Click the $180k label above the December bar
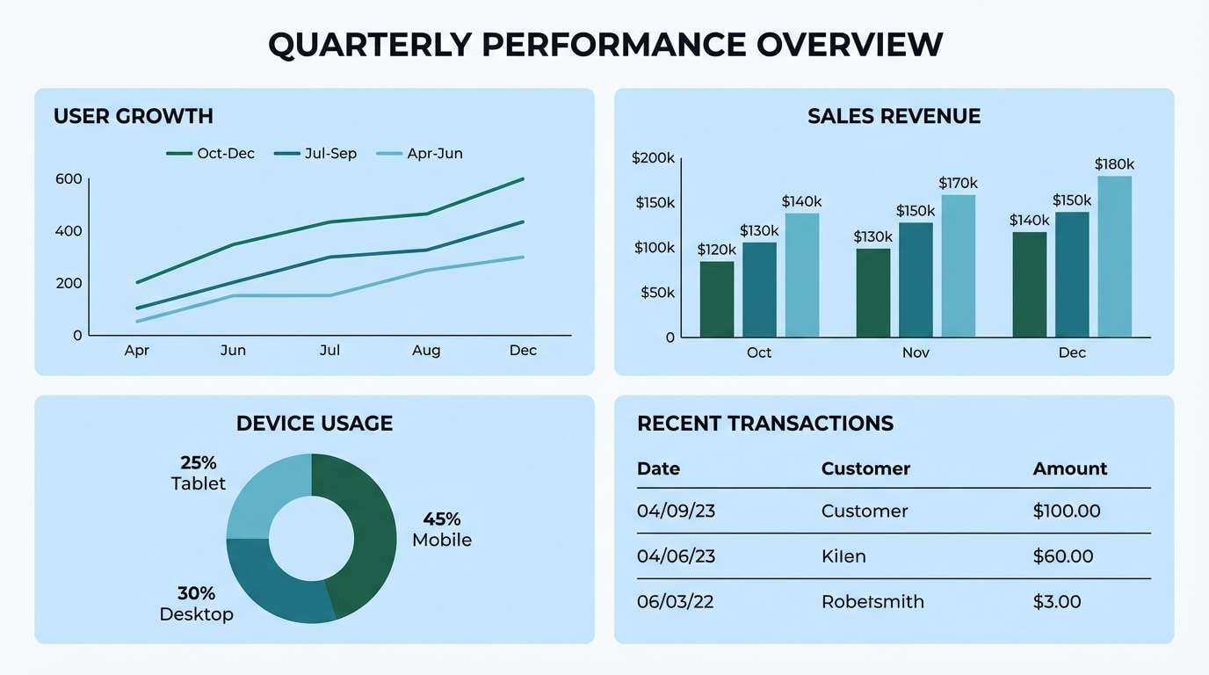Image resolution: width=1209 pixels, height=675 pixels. pos(1114,164)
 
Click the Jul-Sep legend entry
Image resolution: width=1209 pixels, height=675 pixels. pos(315,154)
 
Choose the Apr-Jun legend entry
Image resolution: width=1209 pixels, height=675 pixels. pos(419,154)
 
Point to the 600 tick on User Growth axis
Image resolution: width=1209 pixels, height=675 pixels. pos(69,179)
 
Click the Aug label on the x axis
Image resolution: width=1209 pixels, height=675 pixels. pos(426,351)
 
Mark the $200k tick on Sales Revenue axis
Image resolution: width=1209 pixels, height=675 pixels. pos(653,158)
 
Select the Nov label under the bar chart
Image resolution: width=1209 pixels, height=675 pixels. pos(916,352)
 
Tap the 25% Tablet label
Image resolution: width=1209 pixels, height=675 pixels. pos(199,473)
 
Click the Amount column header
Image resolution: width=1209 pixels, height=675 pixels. pos(1070,468)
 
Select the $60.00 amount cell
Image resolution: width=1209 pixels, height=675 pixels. pos(1063,556)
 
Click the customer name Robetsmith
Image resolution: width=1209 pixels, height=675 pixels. pos(872,602)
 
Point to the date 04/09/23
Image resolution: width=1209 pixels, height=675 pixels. pos(676,512)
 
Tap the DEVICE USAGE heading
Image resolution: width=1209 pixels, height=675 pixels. pos(315,424)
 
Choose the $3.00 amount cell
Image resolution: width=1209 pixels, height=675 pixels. pos(1057,602)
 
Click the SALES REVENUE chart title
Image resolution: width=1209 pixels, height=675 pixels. pos(894,116)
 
